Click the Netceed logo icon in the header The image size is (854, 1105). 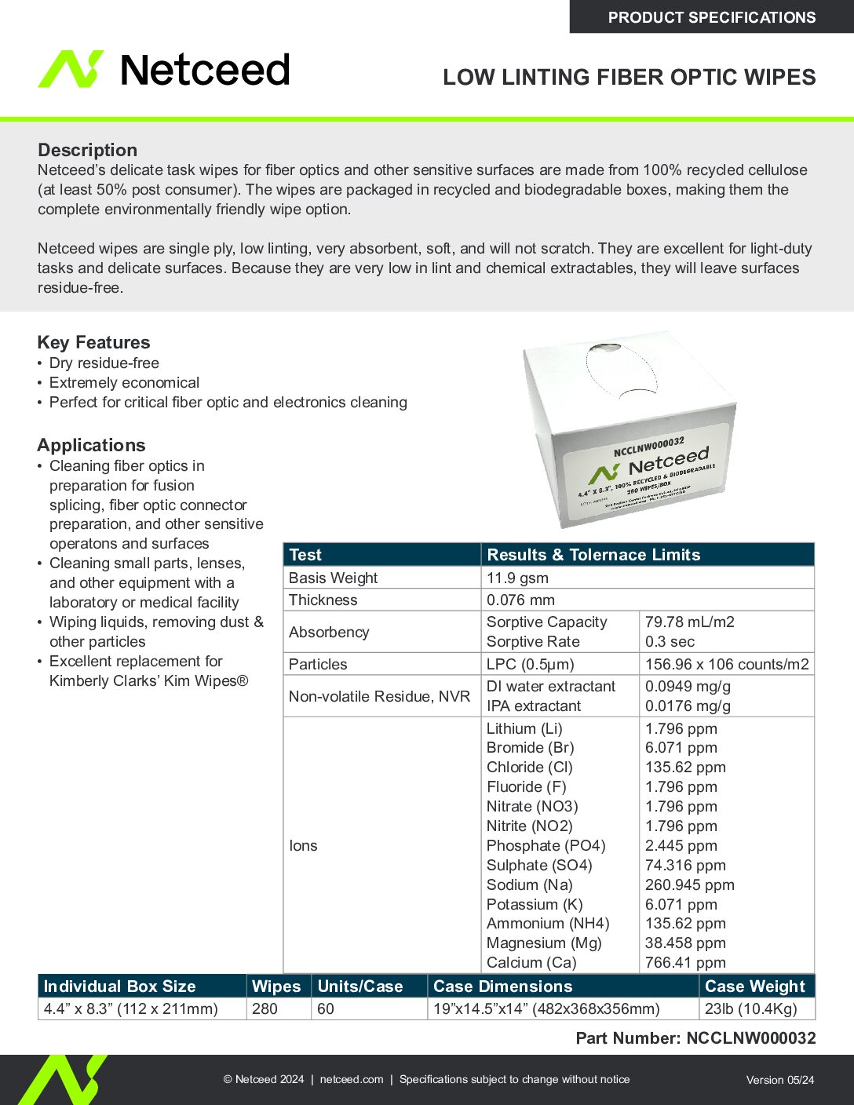pos(71,69)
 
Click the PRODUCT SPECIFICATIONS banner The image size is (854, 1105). pos(711,17)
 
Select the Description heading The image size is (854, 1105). pos(87,150)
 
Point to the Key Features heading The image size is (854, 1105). pos(93,342)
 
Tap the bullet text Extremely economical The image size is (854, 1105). pos(124,383)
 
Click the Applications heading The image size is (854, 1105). pos(91,445)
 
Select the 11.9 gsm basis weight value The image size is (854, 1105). pos(517,578)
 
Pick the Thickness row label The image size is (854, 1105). pos(323,600)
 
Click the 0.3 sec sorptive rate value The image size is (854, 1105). pos(670,642)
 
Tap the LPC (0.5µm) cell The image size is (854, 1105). pos(530,665)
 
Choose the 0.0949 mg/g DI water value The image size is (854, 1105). pos(688,687)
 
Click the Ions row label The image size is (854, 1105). pos(303,846)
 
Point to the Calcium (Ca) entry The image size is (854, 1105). pos(531,963)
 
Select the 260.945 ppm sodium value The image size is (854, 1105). pos(689,885)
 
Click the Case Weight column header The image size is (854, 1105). pos(755,986)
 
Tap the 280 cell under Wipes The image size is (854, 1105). pos(265,1009)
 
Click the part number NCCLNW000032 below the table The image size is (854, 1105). pos(750,1038)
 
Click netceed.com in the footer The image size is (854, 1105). pos(352,1080)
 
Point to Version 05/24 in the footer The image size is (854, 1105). pos(779,1080)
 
